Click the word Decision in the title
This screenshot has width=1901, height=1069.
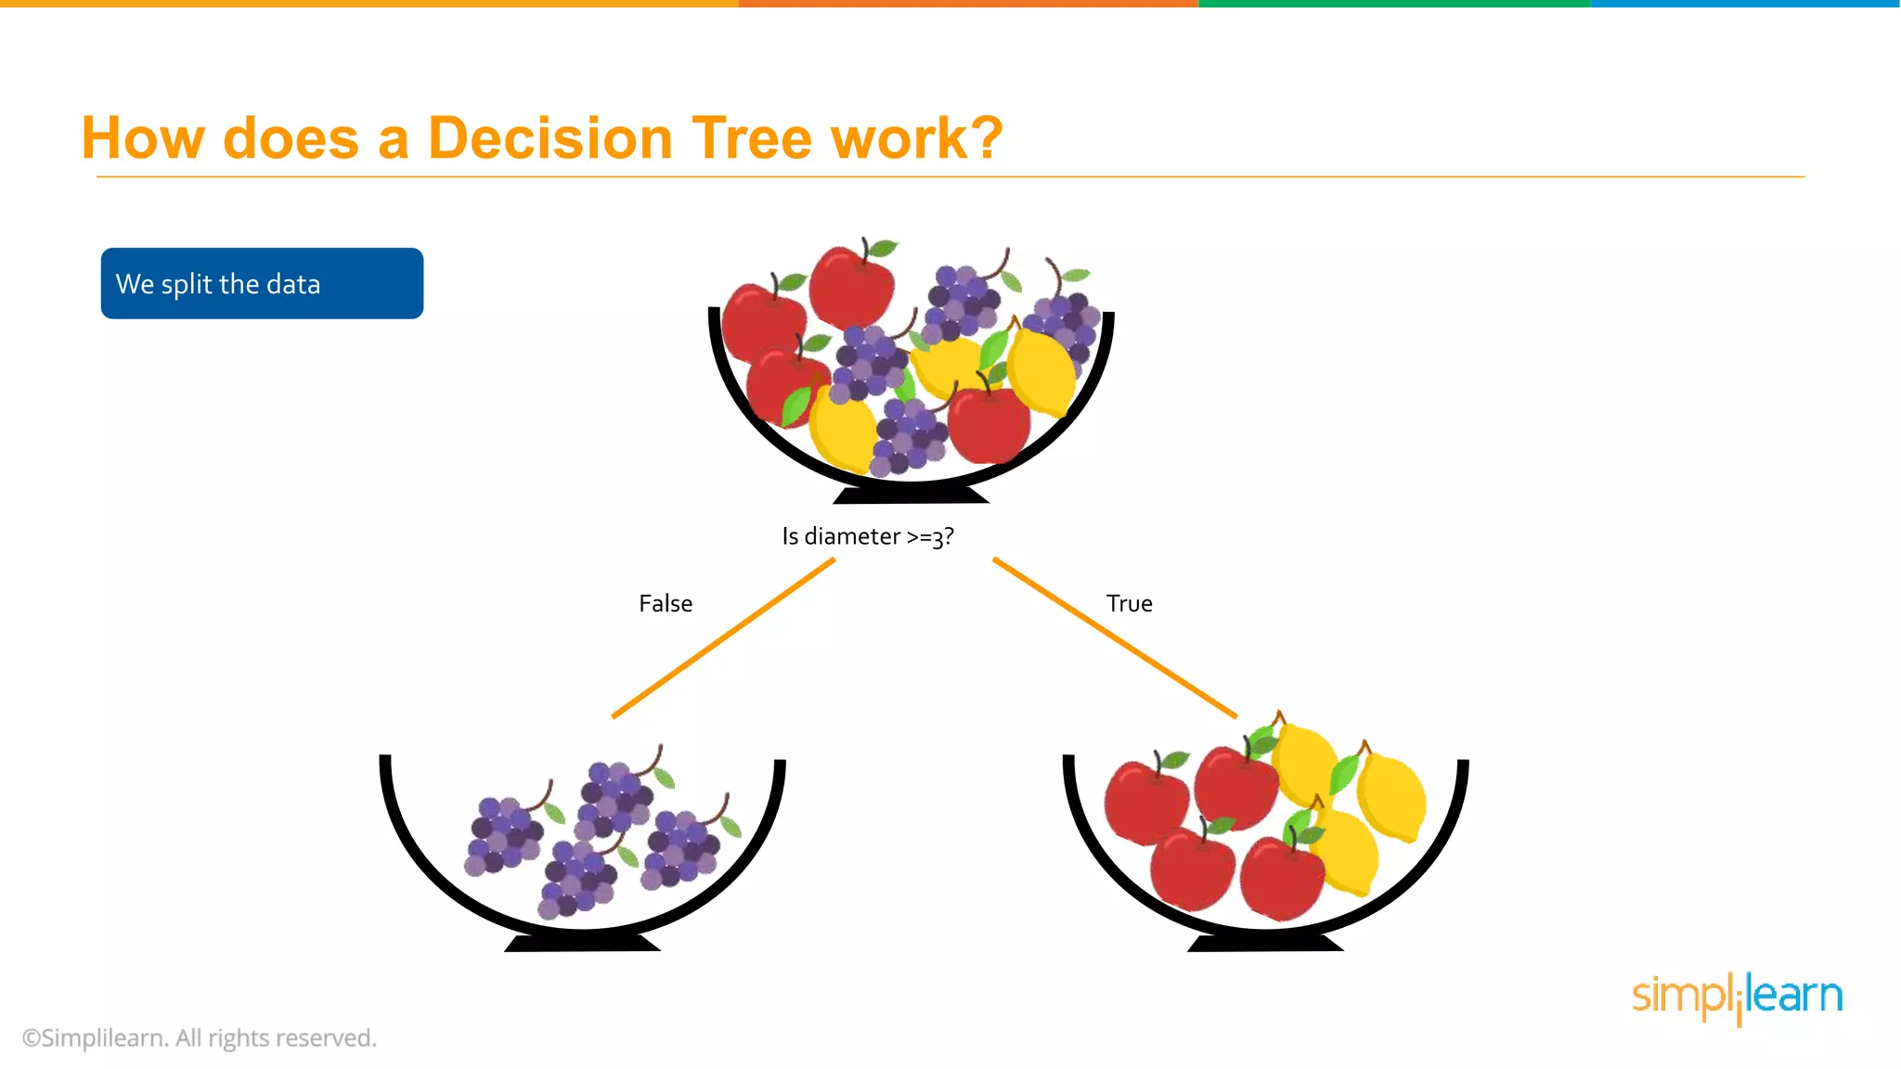point(550,139)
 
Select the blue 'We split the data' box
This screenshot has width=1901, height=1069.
point(262,283)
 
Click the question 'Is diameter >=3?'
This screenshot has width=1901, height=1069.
point(867,536)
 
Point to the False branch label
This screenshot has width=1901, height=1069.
point(666,603)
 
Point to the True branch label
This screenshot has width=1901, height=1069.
point(1129,603)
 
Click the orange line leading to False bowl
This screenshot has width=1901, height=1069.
point(723,638)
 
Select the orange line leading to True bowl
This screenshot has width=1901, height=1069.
point(1114,638)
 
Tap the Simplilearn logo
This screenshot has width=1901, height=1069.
point(1737,997)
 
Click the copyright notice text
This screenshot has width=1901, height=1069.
point(200,1037)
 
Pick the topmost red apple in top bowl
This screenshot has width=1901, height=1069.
point(850,286)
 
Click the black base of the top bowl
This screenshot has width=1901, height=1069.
point(911,495)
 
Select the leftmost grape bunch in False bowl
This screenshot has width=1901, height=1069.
point(504,833)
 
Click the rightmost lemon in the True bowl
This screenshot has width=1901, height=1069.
point(1391,796)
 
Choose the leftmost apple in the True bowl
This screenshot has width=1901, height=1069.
point(1144,801)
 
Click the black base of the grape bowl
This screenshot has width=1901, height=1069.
point(582,943)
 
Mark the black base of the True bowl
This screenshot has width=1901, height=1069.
point(1265,943)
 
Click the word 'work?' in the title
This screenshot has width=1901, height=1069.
point(916,139)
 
